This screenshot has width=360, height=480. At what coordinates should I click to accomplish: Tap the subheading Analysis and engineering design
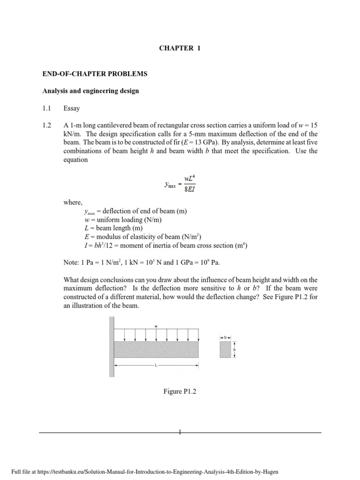[x=89, y=91]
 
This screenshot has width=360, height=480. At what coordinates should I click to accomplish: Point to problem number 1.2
[x=46, y=126]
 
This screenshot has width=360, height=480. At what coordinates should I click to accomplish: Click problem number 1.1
[x=46, y=108]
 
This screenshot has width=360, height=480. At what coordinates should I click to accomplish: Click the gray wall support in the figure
[x=112, y=347]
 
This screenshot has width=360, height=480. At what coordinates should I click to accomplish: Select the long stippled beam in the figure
[x=156, y=349]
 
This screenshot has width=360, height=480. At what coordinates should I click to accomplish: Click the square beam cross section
[x=225, y=350]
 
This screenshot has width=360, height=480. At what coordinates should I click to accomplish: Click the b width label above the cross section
[x=225, y=337]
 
